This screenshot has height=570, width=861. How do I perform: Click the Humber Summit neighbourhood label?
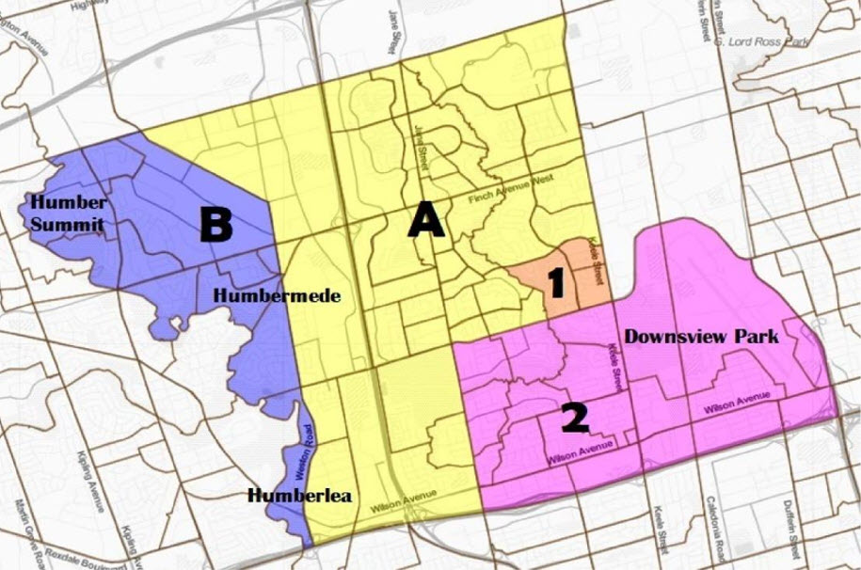tap(65, 214)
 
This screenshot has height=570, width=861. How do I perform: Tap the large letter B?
tap(215, 224)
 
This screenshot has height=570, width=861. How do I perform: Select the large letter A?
tap(425, 221)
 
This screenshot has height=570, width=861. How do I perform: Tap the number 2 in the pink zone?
tap(575, 418)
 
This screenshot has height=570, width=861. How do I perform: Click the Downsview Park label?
tap(702, 336)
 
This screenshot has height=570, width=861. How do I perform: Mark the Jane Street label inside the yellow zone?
tap(420, 149)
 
